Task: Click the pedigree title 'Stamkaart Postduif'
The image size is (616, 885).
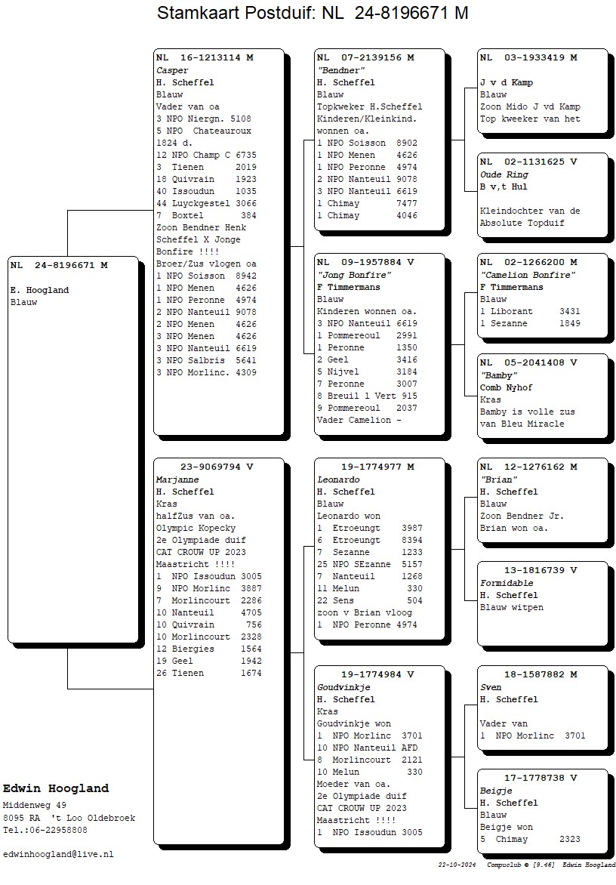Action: pos(236,13)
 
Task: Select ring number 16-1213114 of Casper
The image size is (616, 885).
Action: pos(210,57)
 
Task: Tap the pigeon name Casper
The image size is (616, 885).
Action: pos(172,70)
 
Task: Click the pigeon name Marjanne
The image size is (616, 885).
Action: pos(177,480)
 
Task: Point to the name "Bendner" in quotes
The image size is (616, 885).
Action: pos(340,70)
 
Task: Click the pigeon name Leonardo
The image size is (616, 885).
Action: pos(338,480)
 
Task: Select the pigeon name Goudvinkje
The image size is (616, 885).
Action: pos(343,687)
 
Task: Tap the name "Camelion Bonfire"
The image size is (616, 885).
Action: pos(528,276)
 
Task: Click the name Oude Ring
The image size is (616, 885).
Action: pos(504,175)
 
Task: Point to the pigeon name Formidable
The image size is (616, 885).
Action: pos(507,583)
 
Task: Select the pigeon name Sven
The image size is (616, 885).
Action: pos(491,687)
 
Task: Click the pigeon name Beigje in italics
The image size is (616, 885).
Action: pos(497,791)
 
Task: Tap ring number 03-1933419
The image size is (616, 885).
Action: pos(534,57)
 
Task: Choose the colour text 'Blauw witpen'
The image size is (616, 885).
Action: pos(512,608)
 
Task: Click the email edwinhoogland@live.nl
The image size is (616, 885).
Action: pos(58,855)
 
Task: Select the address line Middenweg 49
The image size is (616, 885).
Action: pos(35,806)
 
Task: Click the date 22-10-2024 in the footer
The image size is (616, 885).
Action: pos(457,865)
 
